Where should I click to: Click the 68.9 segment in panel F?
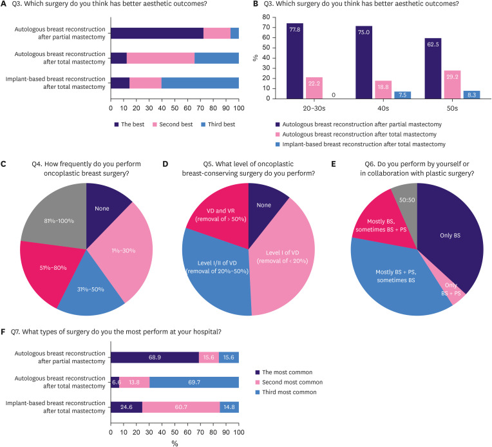(x=155, y=357)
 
